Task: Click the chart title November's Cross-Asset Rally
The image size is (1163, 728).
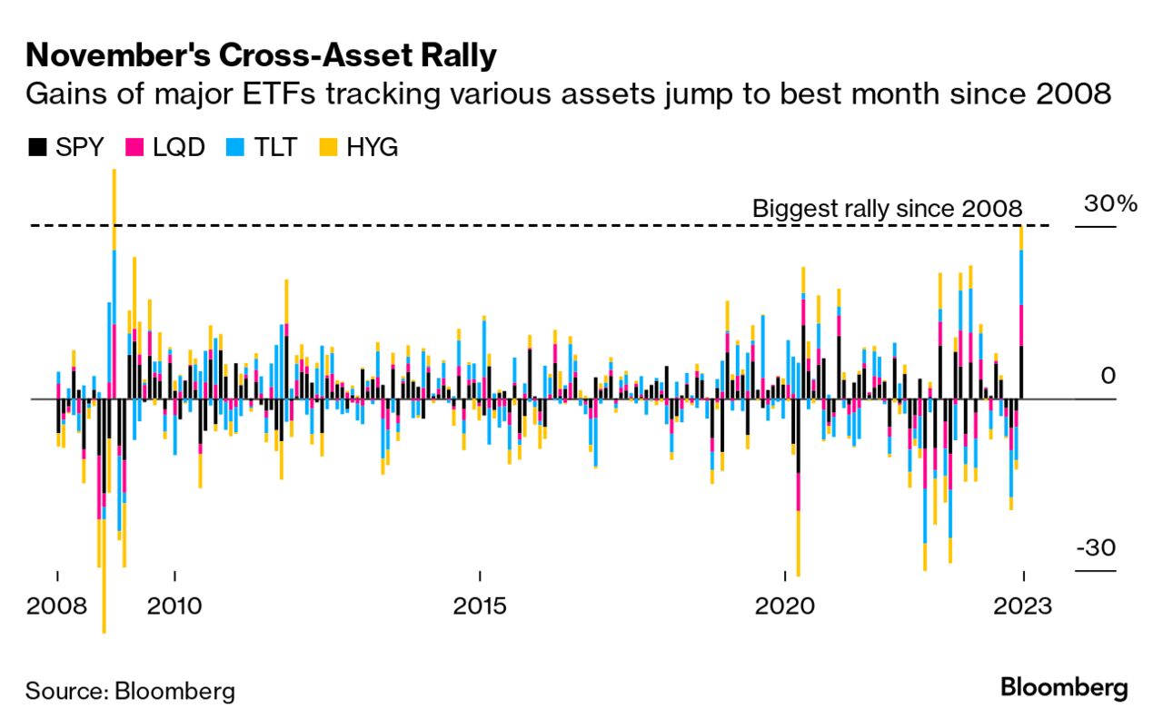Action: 262,55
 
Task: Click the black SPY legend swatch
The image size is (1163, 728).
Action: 37,146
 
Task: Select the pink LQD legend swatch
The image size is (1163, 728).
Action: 134,146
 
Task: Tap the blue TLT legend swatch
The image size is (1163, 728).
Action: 233,146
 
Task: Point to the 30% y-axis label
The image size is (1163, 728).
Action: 1109,204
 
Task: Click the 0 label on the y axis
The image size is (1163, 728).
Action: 1108,377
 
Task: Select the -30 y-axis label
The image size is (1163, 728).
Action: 1098,549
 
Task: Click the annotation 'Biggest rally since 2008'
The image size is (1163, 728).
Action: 887,209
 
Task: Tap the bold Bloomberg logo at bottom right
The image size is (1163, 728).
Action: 1064,687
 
